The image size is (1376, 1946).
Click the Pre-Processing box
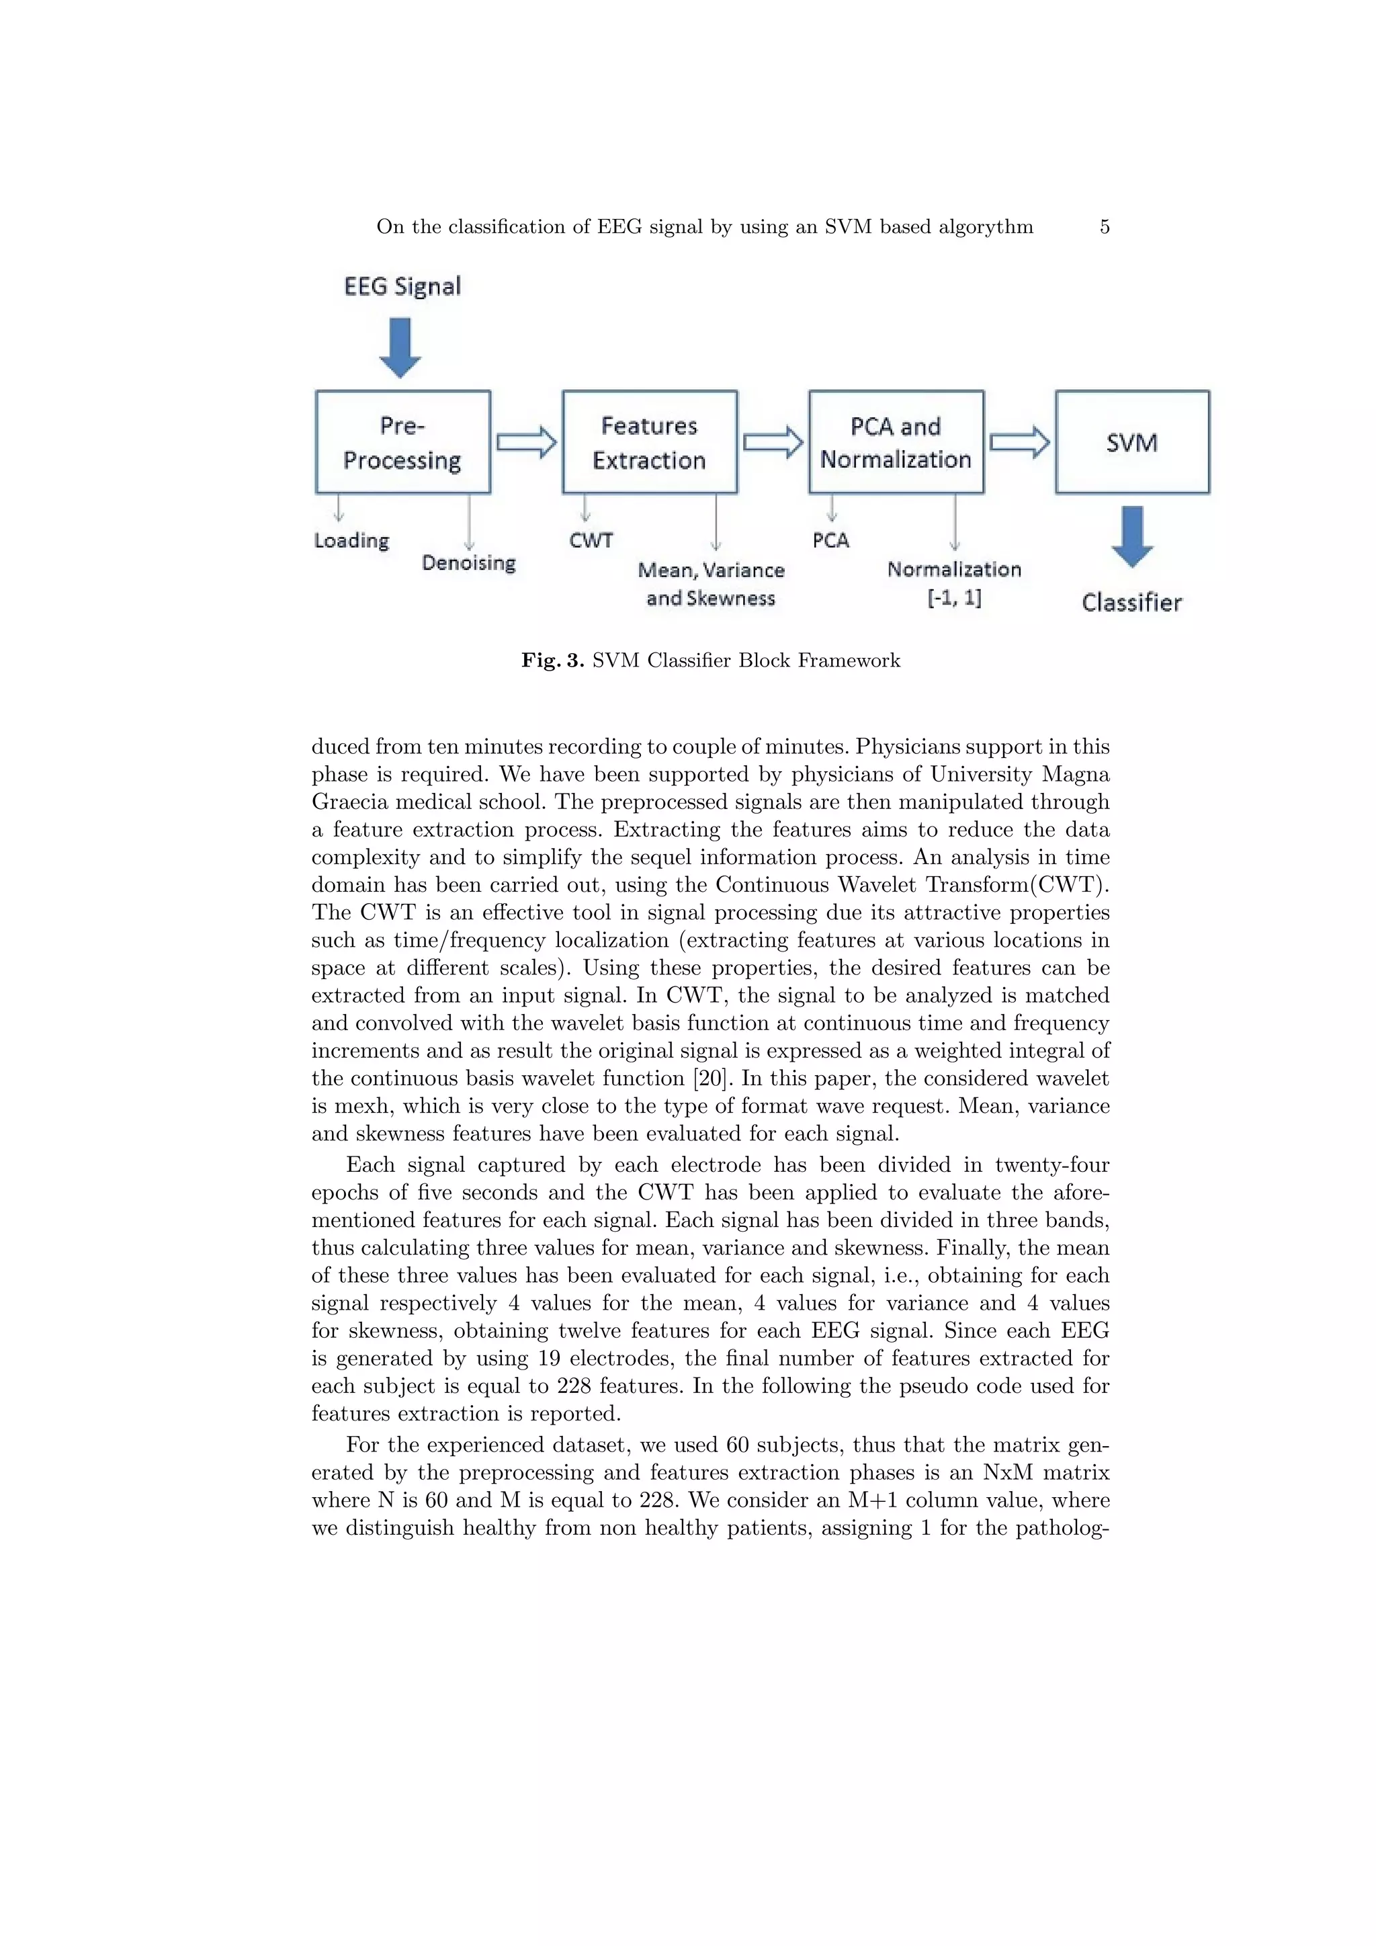click(x=402, y=441)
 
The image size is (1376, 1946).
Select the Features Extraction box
click(x=649, y=441)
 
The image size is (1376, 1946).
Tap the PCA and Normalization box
click(x=896, y=441)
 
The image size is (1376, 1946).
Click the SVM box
click(x=1132, y=441)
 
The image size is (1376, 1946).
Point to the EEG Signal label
click(x=402, y=286)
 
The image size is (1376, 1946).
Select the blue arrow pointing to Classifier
click(x=1132, y=536)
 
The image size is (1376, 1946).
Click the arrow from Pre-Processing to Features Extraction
click(x=526, y=441)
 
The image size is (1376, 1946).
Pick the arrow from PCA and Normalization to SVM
click(x=1019, y=441)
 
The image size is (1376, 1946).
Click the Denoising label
click(x=468, y=563)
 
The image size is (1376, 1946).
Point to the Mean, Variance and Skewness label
click(x=711, y=584)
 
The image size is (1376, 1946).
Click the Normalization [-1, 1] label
click(x=954, y=583)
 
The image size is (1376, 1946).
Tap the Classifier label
click(x=1131, y=603)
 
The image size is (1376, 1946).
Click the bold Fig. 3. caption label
click(x=552, y=661)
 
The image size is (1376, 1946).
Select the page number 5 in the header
click(x=1104, y=226)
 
